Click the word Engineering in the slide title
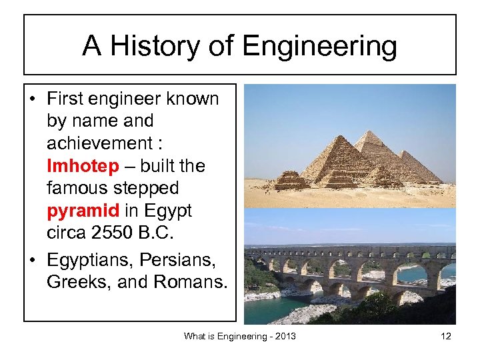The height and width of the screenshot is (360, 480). (319, 47)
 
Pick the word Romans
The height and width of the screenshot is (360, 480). (191, 282)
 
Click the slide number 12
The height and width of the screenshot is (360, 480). (445, 337)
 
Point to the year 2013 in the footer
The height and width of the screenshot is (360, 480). (284, 337)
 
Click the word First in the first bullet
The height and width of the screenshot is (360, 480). (64, 99)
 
